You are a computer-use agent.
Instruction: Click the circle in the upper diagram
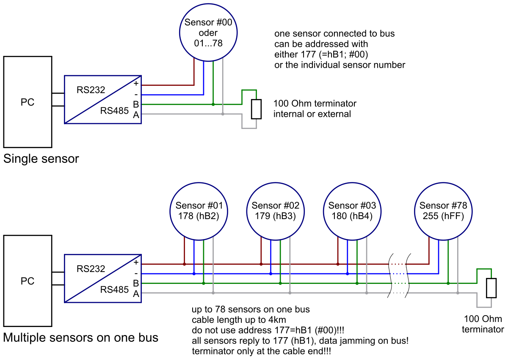(208, 32)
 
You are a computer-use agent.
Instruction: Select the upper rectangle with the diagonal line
(103, 99)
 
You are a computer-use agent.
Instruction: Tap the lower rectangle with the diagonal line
(103, 278)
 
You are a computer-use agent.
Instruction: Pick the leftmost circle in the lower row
(199, 211)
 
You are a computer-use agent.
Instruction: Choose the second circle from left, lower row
(276, 211)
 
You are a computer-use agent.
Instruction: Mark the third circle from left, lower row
(352, 211)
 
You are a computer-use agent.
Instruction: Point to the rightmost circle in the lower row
(443, 211)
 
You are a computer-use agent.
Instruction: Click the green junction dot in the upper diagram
(213, 104)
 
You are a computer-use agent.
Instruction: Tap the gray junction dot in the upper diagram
(223, 114)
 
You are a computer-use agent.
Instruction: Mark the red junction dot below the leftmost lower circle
(184, 264)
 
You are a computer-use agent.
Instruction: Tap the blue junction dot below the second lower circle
(271, 274)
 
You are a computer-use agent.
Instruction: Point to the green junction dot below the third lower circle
(357, 283)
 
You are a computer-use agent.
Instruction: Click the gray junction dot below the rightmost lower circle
(458, 293)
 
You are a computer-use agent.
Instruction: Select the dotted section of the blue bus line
(398, 274)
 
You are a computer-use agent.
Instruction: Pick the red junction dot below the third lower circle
(337, 264)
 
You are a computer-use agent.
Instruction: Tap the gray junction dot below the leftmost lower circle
(213, 293)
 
